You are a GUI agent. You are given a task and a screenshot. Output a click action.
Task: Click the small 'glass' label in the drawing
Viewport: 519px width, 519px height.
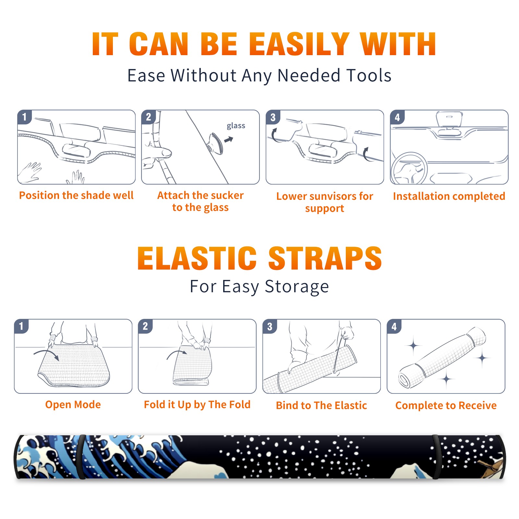[236, 126]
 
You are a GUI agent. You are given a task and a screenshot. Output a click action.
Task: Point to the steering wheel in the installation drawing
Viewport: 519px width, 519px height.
[409, 169]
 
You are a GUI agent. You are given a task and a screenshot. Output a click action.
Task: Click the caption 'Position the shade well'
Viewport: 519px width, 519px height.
[76, 195]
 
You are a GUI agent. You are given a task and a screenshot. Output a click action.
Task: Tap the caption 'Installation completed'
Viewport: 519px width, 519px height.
[449, 196]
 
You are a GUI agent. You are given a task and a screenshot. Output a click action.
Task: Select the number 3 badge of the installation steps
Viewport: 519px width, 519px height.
[273, 117]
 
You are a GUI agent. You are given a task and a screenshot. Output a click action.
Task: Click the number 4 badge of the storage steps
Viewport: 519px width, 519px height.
[394, 326]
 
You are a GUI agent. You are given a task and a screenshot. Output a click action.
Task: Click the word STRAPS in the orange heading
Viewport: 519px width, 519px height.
[325, 258]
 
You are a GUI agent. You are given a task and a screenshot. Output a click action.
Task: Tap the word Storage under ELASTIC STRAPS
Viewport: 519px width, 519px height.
[297, 287]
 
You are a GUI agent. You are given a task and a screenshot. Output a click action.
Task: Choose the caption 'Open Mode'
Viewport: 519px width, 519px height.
[73, 404]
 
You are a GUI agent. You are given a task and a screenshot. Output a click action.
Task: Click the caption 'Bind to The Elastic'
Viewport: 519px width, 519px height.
[321, 405]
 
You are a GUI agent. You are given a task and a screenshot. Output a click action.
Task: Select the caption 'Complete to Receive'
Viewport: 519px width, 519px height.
[446, 405]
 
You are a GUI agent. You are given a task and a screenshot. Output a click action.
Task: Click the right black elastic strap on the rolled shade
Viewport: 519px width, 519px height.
[436, 457]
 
